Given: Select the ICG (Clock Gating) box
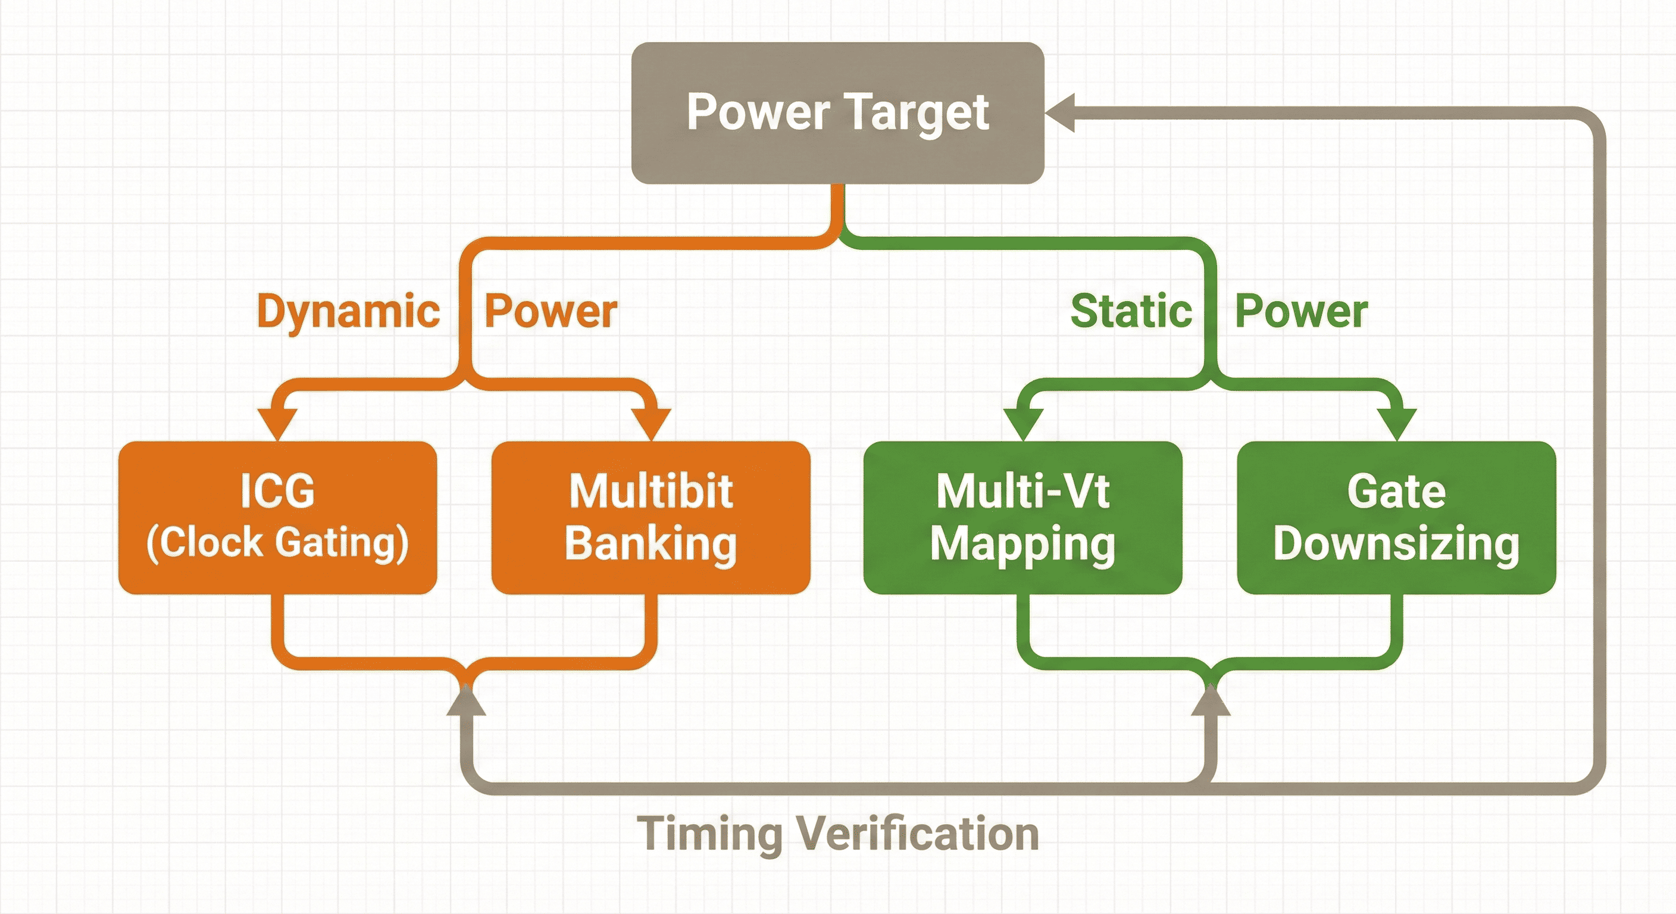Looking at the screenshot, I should [277, 517].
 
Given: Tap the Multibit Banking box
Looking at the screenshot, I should [651, 517].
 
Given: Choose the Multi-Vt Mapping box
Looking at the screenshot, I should [1022, 517].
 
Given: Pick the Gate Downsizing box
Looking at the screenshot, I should [1396, 517].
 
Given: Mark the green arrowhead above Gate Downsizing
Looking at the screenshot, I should [1397, 423].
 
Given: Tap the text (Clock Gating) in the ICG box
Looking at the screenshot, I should [277, 543].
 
